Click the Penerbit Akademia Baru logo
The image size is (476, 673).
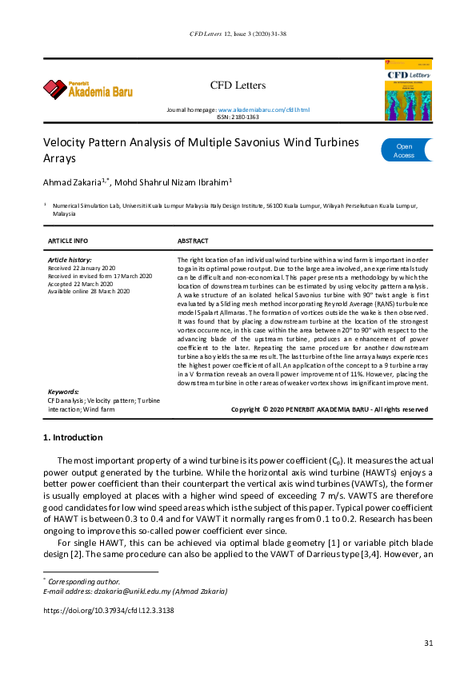88,89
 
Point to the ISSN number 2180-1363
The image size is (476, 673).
245,117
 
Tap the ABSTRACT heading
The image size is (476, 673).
193,241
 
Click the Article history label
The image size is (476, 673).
70,260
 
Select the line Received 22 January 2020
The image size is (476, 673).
82,268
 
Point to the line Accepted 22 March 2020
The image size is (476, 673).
81,284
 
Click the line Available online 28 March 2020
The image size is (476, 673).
88,292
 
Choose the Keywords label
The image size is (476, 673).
63,392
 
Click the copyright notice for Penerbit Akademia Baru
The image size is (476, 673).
329,408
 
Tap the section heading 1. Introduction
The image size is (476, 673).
72,438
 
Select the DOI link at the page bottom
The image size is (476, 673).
108,610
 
